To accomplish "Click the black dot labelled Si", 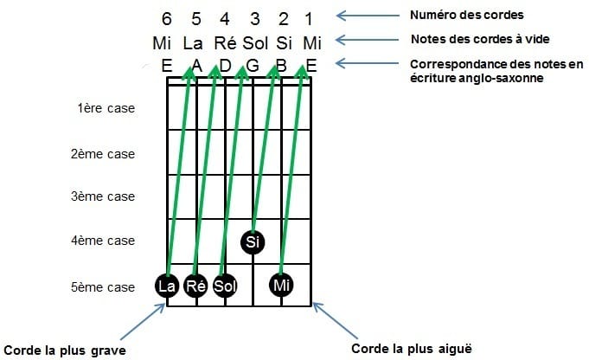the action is click(x=253, y=241).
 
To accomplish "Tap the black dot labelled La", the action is click(x=167, y=286).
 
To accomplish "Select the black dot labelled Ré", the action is click(x=195, y=286).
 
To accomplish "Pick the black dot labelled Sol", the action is click(x=225, y=286).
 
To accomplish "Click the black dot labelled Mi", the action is click(x=281, y=285).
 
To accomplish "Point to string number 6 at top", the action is click(x=166, y=19).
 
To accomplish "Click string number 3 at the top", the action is click(x=255, y=19).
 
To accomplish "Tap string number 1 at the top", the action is click(x=309, y=19).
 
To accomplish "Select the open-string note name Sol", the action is click(x=255, y=43).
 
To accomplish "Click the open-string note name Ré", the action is click(x=225, y=43).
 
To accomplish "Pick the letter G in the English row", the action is click(x=253, y=66).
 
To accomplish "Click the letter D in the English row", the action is click(x=225, y=66).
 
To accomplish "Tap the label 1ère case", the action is click(x=106, y=108).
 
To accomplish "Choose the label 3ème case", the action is click(x=103, y=196).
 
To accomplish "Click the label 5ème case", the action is click(x=103, y=287).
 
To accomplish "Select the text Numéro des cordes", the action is click(x=466, y=15).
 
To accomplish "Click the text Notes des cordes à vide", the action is click(x=480, y=39).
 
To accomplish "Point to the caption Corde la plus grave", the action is click(x=65, y=350).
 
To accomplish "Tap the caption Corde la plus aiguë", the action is click(x=412, y=349).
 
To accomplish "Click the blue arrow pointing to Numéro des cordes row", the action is click(x=368, y=16).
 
